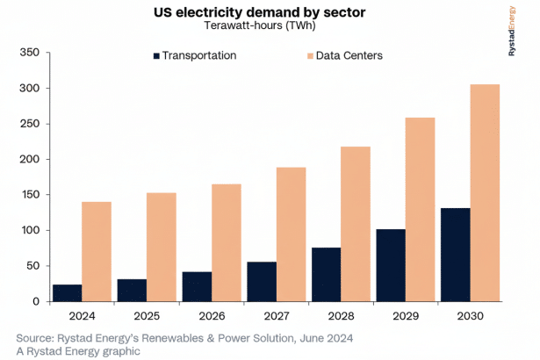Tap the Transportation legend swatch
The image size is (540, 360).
pyautogui.click(x=157, y=55)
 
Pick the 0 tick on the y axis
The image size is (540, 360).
pyautogui.click(x=34, y=301)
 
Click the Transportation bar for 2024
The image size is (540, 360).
pyautogui.click(x=66, y=293)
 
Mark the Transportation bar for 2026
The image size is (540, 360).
pyautogui.click(x=197, y=287)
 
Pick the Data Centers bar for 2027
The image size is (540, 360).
pyautogui.click(x=292, y=234)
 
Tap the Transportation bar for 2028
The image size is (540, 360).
pyautogui.click(x=327, y=275)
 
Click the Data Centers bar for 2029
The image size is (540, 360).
pyautogui.click(x=421, y=210)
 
